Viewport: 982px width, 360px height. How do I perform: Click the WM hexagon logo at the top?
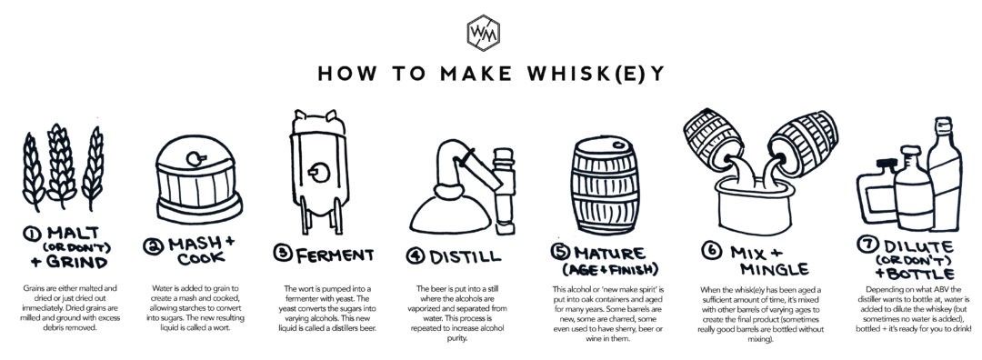[x=483, y=32]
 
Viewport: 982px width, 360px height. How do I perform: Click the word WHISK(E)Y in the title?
[x=596, y=74]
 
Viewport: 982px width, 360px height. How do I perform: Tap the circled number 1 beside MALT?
[x=30, y=234]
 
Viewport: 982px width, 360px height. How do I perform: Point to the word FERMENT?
[x=335, y=255]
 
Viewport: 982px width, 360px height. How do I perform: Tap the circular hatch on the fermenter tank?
[x=319, y=172]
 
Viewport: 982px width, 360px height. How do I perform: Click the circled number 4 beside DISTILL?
[x=416, y=256]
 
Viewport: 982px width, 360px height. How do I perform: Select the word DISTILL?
[x=465, y=256]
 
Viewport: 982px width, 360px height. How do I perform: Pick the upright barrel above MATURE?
[x=605, y=186]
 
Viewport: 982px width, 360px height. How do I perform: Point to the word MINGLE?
[x=774, y=269]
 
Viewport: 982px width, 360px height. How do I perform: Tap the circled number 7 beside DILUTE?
[x=867, y=245]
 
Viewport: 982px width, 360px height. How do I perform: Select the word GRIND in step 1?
[x=77, y=261]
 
